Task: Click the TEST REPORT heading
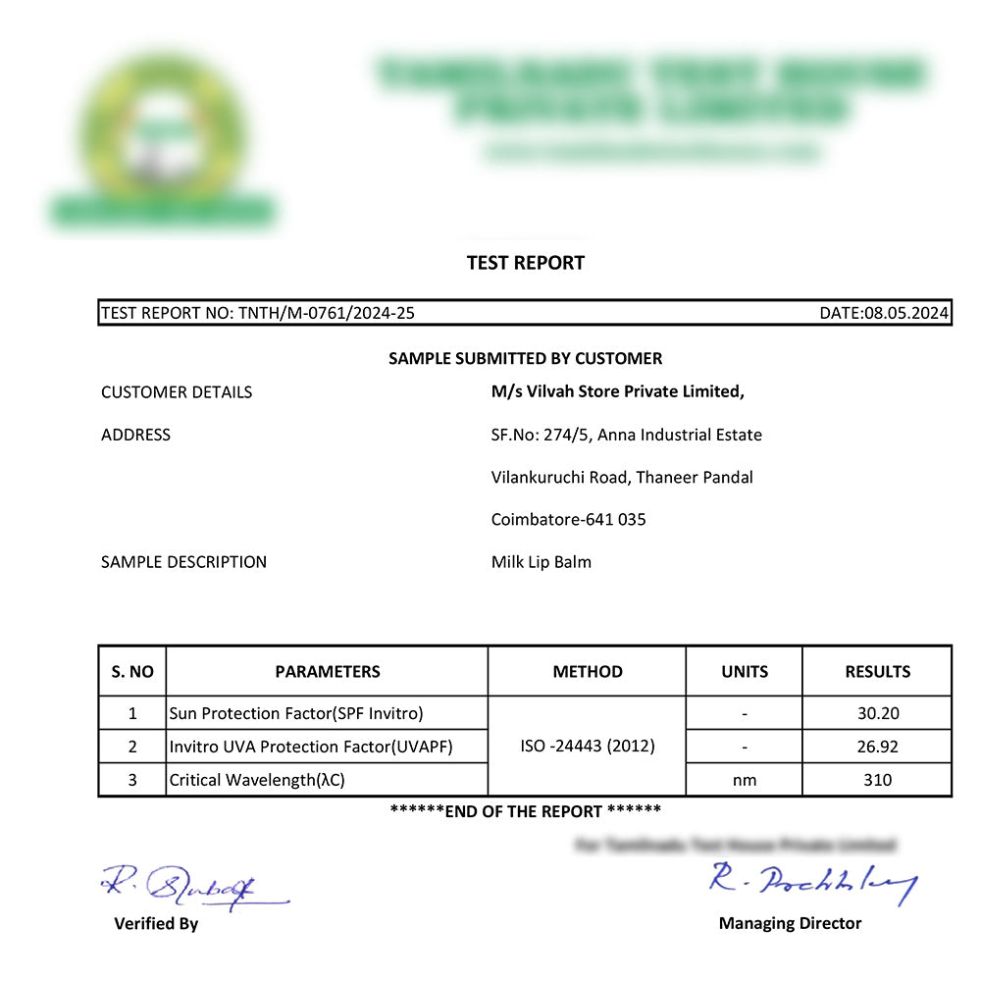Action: [x=525, y=263]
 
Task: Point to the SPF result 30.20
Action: [x=877, y=714]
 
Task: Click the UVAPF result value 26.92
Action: [x=877, y=747]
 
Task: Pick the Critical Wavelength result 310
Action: [x=877, y=780]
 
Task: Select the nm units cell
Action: [x=745, y=780]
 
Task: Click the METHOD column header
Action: [x=588, y=672]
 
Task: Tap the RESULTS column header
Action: [x=877, y=672]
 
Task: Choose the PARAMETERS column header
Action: [x=328, y=672]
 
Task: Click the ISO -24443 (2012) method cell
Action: [x=588, y=747]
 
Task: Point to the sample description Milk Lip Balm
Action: [x=542, y=562]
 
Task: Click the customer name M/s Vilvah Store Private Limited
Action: [x=617, y=391]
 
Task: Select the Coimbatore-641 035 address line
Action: [x=568, y=520]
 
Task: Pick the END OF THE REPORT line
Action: [x=525, y=811]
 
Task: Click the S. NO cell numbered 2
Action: [x=132, y=747]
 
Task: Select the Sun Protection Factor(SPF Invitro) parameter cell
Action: [x=296, y=714]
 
